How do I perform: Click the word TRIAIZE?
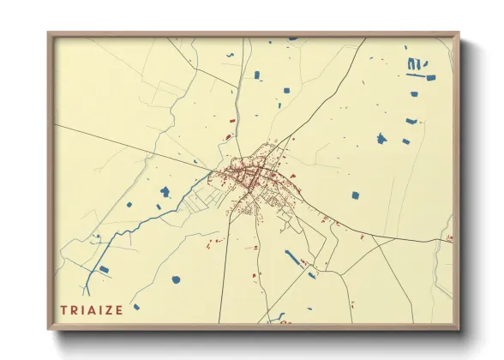coord(92,309)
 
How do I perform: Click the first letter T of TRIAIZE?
coord(64,309)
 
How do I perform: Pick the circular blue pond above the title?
coord(176,279)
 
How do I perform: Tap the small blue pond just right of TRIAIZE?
coord(135,307)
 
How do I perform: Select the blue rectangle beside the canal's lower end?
coord(104,270)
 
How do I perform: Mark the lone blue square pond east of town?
coord(355,195)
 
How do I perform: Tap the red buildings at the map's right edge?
coord(449,239)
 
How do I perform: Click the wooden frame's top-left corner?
coord(50,34)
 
